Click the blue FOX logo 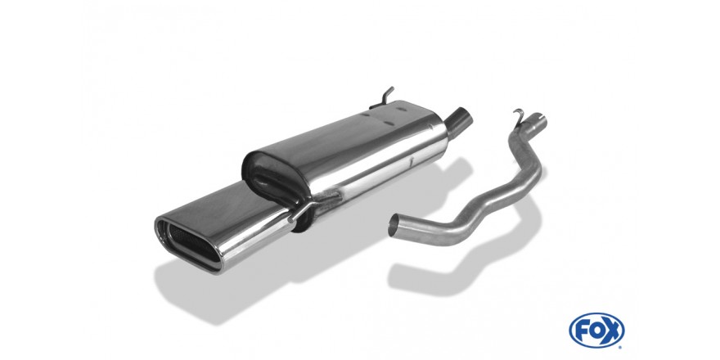tap(596, 331)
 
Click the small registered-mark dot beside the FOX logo tap(621, 345)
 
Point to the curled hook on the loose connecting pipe tap(519, 117)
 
